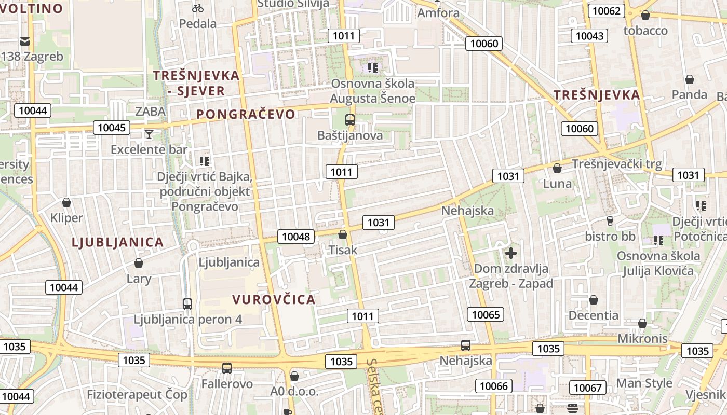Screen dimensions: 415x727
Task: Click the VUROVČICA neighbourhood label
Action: pyautogui.click(x=274, y=299)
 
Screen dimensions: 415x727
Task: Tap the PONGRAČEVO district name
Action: pyautogui.click(x=246, y=114)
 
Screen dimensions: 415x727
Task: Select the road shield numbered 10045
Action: pyautogui.click(x=112, y=128)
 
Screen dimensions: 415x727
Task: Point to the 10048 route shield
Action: pyautogui.click(x=296, y=237)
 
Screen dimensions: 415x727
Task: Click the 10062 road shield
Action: pyautogui.click(x=606, y=11)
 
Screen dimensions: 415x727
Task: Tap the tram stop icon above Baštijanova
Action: pyautogui.click(x=350, y=120)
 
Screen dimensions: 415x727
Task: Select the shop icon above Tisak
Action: pyautogui.click(x=343, y=234)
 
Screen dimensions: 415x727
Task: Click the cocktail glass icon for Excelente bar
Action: pyautogui.click(x=149, y=134)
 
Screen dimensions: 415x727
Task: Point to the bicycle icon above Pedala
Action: pyautogui.click(x=198, y=8)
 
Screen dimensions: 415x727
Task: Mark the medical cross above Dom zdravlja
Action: pyautogui.click(x=511, y=253)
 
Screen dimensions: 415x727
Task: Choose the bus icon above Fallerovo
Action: pyautogui.click(x=227, y=368)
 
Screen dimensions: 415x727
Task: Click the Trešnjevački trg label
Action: pyautogui.click(x=617, y=164)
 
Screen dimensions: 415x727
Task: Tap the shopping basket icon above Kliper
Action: pyautogui.click(x=66, y=202)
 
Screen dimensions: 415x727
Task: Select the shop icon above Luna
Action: pyautogui.click(x=557, y=169)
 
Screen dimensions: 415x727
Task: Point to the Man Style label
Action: pyautogui.click(x=644, y=383)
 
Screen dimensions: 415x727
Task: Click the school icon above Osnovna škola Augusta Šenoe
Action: pyautogui.click(x=373, y=67)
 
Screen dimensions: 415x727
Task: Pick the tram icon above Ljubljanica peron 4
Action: pyautogui.click(x=187, y=303)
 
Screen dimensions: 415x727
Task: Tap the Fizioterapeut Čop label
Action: pyautogui.click(x=137, y=394)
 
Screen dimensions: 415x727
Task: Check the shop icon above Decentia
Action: pyautogui.click(x=594, y=300)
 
